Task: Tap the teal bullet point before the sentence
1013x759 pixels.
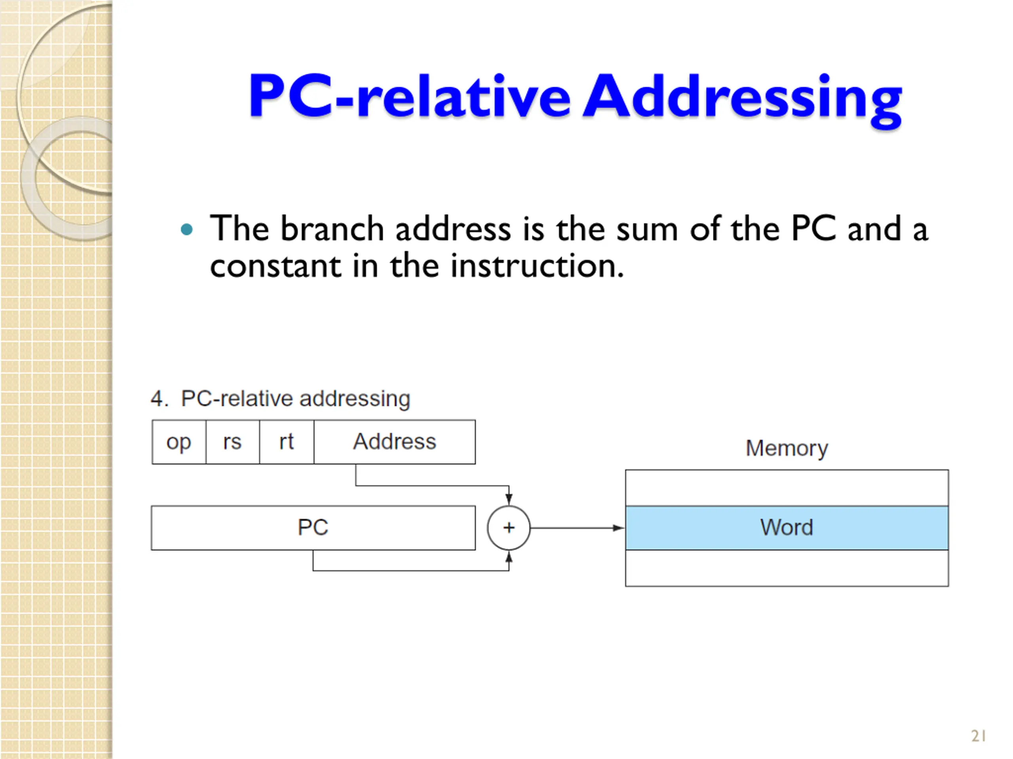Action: click(x=187, y=229)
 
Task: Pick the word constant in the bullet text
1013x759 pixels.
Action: click(x=275, y=266)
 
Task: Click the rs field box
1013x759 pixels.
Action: click(x=233, y=442)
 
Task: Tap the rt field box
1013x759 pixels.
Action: click(x=286, y=442)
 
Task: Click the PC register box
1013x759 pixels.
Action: click(x=313, y=527)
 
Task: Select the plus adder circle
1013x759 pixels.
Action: click(x=509, y=527)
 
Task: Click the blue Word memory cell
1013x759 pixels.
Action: click(x=787, y=527)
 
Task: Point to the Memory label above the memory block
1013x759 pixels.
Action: click(x=787, y=448)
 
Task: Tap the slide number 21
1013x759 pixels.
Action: click(x=979, y=736)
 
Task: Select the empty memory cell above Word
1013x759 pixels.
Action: click(x=787, y=488)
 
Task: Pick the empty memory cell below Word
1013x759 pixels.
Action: click(x=787, y=568)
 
